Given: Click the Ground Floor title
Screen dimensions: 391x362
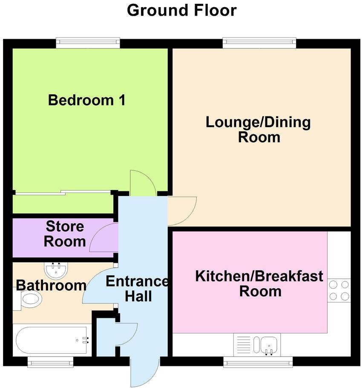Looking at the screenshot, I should click(181, 10).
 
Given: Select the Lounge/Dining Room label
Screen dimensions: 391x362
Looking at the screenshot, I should click(259, 130).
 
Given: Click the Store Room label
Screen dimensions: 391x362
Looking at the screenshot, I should click(65, 234).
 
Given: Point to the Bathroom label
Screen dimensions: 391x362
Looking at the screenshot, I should click(52, 285).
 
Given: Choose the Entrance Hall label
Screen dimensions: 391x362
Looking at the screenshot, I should click(137, 289).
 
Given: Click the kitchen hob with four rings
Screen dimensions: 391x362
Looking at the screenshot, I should click(339, 290).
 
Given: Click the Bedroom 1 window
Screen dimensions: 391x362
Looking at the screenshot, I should click(88, 42).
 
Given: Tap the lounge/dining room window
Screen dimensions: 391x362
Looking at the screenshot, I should click(259, 42).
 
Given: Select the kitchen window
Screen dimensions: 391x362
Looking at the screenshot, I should click(258, 363).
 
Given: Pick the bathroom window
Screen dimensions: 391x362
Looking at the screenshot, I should click(50, 363).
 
